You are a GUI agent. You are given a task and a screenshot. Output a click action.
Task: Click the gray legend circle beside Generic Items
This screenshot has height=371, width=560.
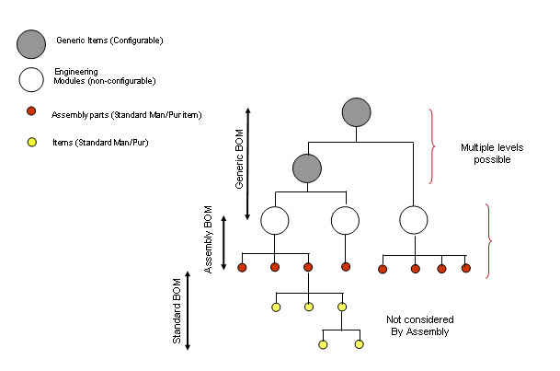(31, 43)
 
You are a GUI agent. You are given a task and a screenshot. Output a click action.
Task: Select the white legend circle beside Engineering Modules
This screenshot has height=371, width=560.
(30, 80)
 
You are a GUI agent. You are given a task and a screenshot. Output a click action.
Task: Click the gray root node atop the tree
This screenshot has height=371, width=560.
(356, 113)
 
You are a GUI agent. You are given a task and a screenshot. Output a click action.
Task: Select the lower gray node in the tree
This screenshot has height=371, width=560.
(307, 168)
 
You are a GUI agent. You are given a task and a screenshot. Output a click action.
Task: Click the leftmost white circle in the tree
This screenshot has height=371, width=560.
(275, 220)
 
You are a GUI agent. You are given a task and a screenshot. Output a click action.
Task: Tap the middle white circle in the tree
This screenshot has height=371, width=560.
(345, 220)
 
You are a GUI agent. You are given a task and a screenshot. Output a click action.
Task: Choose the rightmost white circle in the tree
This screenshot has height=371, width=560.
(414, 220)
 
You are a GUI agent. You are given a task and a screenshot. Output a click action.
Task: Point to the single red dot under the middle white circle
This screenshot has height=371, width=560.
(346, 267)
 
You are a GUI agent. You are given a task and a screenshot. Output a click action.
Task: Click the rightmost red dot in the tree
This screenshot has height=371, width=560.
(466, 269)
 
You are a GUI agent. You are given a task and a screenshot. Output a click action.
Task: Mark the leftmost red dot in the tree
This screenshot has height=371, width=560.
(242, 268)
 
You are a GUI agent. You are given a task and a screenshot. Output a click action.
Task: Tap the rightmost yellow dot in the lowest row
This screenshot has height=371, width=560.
(360, 344)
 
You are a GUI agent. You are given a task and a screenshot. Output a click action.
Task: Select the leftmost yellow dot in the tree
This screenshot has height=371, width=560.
(275, 306)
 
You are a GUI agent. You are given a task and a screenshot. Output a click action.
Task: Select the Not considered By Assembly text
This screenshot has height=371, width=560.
(417, 325)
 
